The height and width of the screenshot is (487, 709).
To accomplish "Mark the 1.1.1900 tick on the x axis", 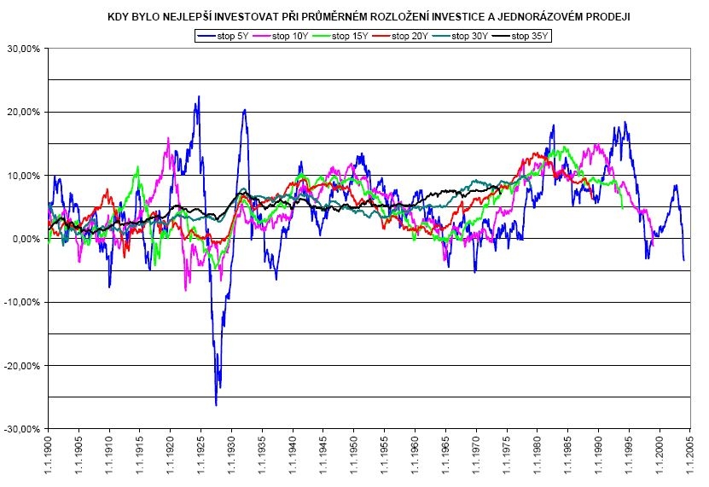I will tap(49, 455).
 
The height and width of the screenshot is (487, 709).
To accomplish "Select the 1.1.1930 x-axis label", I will tap(232, 455).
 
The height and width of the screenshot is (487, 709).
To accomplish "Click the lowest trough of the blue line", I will tap(216, 405).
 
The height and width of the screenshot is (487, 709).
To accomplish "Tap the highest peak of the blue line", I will tap(199, 96).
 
